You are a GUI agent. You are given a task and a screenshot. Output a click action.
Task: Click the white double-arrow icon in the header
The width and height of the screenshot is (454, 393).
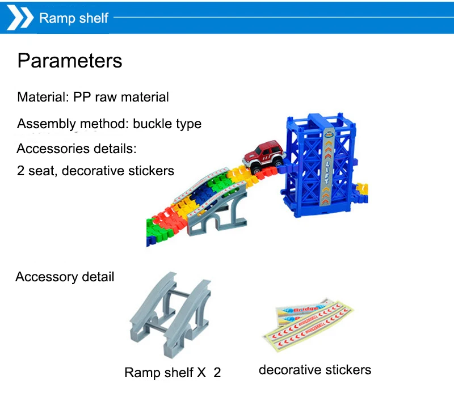20,18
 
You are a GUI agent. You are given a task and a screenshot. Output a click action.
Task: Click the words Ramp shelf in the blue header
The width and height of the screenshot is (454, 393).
73,18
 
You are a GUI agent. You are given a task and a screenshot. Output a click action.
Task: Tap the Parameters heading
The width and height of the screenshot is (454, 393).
69,61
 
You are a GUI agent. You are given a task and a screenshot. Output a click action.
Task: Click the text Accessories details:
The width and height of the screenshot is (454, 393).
77,149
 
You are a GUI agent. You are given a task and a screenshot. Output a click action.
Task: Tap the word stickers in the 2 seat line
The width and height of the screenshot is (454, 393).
150,170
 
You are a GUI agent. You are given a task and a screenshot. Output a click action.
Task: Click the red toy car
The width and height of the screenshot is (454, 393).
263,157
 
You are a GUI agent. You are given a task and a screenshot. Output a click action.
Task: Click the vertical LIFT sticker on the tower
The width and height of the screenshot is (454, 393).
327,167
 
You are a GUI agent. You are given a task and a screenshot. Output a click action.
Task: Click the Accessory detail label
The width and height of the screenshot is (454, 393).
65,277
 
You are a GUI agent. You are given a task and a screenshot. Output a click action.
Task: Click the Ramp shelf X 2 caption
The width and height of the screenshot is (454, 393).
173,373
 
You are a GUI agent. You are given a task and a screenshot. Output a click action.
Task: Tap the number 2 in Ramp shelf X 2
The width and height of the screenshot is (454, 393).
217,373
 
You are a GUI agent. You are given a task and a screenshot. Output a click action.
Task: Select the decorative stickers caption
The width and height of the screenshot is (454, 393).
314,370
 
